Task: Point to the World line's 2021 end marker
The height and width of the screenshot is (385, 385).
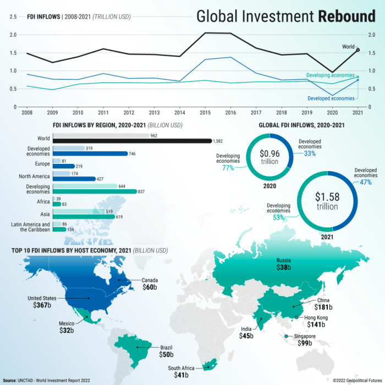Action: click(358, 50)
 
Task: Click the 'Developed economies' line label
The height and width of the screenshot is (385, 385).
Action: click(331, 98)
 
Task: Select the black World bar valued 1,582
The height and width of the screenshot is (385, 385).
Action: click(132, 141)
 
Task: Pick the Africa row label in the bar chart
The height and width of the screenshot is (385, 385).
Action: click(43, 201)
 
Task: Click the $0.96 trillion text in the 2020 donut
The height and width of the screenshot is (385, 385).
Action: click(270, 156)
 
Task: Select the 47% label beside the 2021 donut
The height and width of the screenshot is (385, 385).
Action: click(366, 182)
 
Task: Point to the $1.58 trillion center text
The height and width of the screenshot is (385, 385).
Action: click(327, 201)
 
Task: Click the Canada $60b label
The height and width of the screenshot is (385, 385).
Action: click(150, 284)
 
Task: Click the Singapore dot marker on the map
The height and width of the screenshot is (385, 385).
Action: click(287, 335)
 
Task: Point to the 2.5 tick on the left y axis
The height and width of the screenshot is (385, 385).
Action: click(13, 16)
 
